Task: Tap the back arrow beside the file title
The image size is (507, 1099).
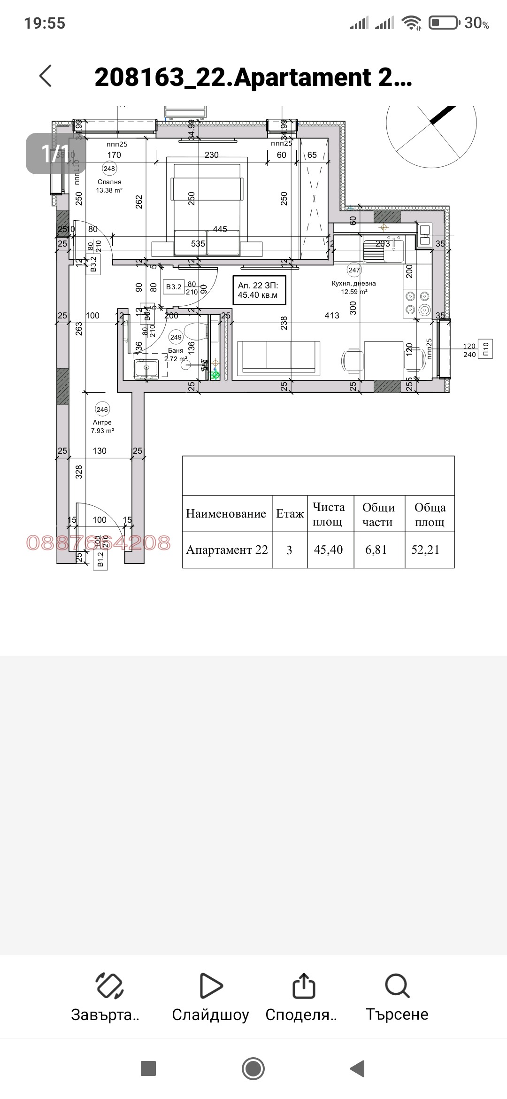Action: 46,76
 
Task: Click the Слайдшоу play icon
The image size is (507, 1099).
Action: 211,985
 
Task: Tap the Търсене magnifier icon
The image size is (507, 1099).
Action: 397,985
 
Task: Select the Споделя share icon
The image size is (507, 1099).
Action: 303,985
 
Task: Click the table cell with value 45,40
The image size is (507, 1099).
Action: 329,550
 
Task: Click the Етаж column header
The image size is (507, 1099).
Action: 290,514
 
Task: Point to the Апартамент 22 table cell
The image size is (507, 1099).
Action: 227,550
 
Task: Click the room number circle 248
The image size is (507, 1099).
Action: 109,169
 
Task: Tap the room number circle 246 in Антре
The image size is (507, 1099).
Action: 102,410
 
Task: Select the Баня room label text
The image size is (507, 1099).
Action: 176,351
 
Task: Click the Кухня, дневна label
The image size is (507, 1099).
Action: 354,284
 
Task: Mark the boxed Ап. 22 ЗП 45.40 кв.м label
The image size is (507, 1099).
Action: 258,290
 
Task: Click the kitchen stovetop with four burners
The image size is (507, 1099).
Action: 417,303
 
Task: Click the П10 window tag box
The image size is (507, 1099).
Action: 486,348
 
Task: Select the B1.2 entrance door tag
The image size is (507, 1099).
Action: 100,560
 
